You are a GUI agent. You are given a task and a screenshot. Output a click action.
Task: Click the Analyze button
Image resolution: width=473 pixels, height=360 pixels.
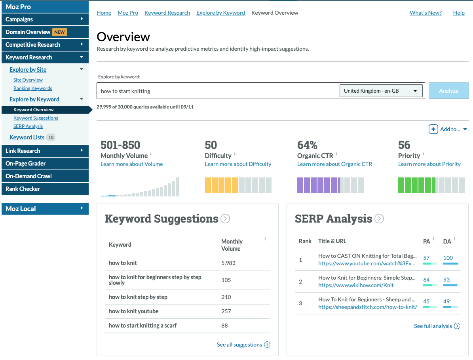[x=448, y=91]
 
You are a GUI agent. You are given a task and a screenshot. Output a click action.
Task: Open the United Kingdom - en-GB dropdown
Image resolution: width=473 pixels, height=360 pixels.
[x=380, y=91]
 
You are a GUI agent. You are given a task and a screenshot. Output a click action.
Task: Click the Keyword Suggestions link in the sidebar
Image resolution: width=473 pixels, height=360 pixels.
[x=36, y=118]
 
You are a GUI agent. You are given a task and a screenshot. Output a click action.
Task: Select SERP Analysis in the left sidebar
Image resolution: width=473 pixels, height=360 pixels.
[x=28, y=126]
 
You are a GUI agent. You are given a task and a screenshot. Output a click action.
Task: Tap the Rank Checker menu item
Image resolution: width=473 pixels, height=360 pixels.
[x=23, y=189]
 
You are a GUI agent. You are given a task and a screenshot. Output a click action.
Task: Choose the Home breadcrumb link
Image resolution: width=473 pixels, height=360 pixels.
[x=104, y=13]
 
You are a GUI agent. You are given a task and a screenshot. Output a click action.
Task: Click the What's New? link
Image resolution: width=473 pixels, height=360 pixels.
[x=426, y=13]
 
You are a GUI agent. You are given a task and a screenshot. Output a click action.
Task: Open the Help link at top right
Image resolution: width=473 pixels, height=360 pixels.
[x=459, y=13]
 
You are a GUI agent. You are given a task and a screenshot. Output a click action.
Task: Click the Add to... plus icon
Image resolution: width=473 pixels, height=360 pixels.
[x=433, y=129]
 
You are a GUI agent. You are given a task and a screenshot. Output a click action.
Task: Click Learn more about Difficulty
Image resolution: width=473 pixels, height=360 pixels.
[x=238, y=164]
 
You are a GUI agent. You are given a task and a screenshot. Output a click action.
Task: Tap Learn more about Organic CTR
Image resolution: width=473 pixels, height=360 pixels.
[x=334, y=164]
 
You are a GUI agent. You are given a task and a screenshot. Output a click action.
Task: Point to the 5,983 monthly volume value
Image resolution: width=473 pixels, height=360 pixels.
[x=228, y=263]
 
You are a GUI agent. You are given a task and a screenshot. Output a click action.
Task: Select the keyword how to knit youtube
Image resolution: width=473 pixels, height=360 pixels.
[x=133, y=311]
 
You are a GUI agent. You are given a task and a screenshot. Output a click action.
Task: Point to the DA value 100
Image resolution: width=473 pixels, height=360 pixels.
[x=448, y=258]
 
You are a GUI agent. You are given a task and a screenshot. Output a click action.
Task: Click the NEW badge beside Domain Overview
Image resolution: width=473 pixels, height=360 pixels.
[x=59, y=32]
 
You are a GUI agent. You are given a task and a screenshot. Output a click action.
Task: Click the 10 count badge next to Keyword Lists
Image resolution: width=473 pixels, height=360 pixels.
[x=51, y=137]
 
